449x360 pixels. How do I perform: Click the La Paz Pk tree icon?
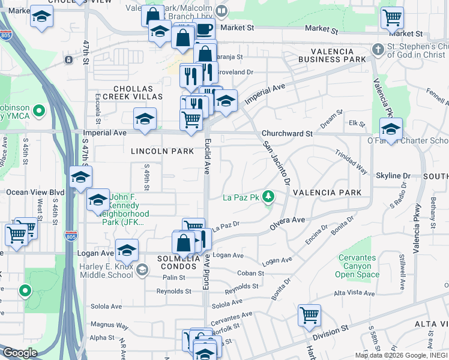click(x=270, y=196)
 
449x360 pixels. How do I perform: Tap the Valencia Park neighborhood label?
click(x=327, y=193)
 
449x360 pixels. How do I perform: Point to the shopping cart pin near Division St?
click(x=309, y=315)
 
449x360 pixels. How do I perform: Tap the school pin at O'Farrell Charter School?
click(x=391, y=129)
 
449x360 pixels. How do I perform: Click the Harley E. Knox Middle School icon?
click(x=142, y=269)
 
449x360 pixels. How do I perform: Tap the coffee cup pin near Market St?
click(x=204, y=28)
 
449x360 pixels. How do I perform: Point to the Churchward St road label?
click(x=287, y=134)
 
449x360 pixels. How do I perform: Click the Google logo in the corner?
click(x=20, y=353)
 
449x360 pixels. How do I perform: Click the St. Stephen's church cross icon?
click(x=378, y=48)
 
